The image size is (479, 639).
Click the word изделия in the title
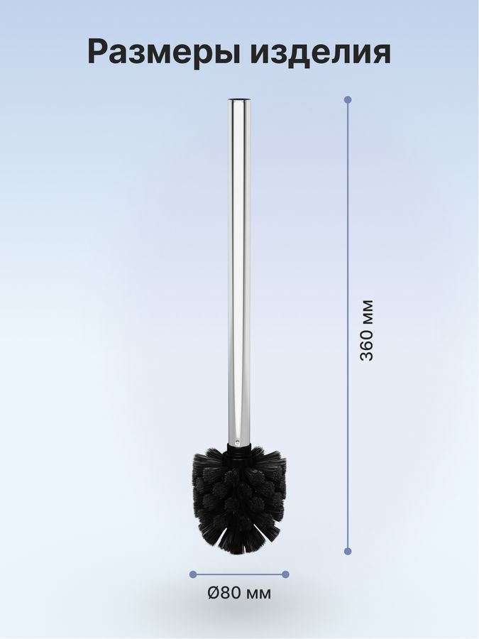[317, 52]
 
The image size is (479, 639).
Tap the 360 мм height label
[367, 330]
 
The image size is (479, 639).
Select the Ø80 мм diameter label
[239, 593]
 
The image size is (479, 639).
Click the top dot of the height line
[348, 99]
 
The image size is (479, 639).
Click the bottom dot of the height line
[348, 552]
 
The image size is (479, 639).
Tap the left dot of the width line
[193, 574]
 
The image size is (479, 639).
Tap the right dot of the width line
[285, 574]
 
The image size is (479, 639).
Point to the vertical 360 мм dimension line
[348, 325]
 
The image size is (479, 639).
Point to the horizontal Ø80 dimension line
[239, 574]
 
